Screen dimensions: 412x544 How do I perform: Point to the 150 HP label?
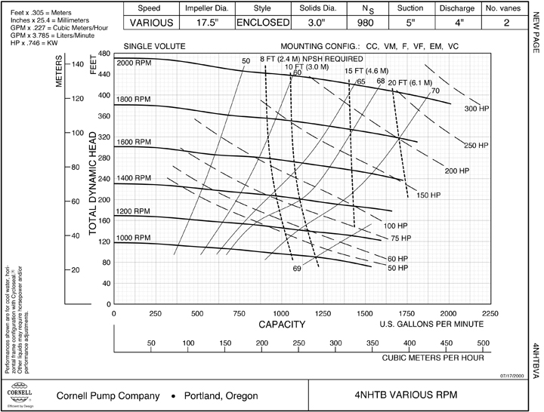[428, 195]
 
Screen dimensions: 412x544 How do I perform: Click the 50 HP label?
[398, 268]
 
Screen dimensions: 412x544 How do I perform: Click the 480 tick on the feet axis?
[104, 54]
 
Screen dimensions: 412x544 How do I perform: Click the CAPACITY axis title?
[282, 325]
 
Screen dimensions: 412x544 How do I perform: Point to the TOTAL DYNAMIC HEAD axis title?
[94, 184]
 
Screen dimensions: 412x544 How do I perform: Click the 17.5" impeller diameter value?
[206, 23]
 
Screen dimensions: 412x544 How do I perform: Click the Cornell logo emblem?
[19, 395]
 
